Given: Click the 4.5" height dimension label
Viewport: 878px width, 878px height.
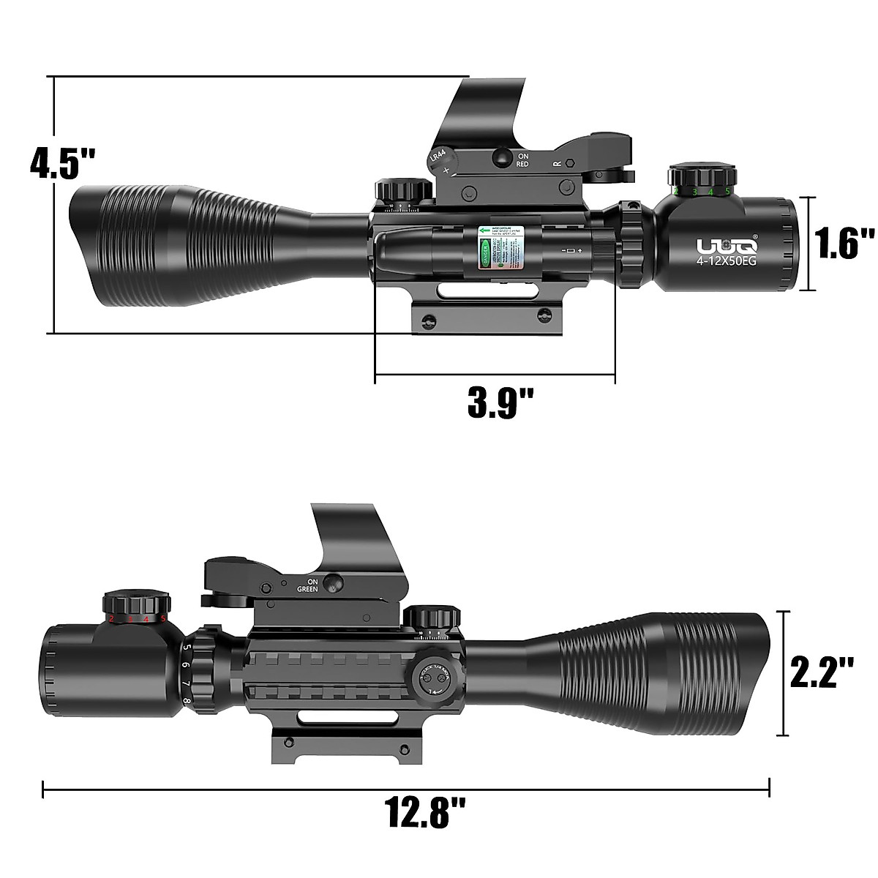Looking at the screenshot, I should [x=61, y=163].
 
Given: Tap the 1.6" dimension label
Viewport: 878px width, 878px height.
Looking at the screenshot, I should [x=845, y=244].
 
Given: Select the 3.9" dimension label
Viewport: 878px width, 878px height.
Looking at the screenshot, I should [x=500, y=402].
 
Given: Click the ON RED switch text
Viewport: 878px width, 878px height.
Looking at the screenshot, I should [x=522, y=160].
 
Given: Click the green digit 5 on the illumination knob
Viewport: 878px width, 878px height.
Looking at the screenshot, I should [x=727, y=191].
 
